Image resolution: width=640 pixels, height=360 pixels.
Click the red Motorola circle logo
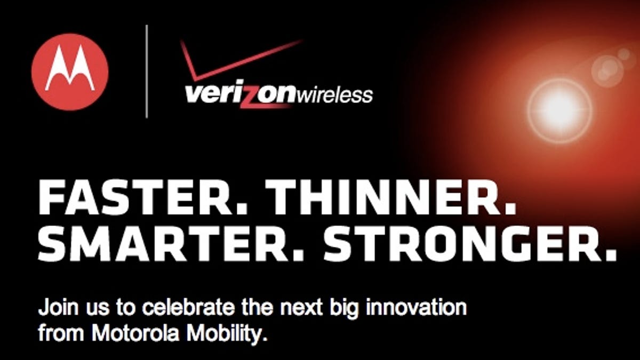pyautogui.click(x=70, y=72)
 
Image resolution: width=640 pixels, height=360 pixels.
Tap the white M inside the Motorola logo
pyautogui.click(x=70, y=68)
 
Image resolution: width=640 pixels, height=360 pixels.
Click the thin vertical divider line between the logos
pyautogui.click(x=147, y=71)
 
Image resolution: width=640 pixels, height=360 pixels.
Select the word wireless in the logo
pyautogui.click(x=335, y=95)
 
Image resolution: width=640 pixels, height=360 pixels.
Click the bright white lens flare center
pyautogui.click(x=559, y=110)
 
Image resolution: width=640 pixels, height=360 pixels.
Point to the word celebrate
pyautogui.click(x=188, y=308)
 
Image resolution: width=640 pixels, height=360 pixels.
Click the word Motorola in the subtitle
pyautogui.click(x=135, y=333)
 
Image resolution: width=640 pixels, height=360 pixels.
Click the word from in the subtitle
pyautogui.click(x=61, y=333)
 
